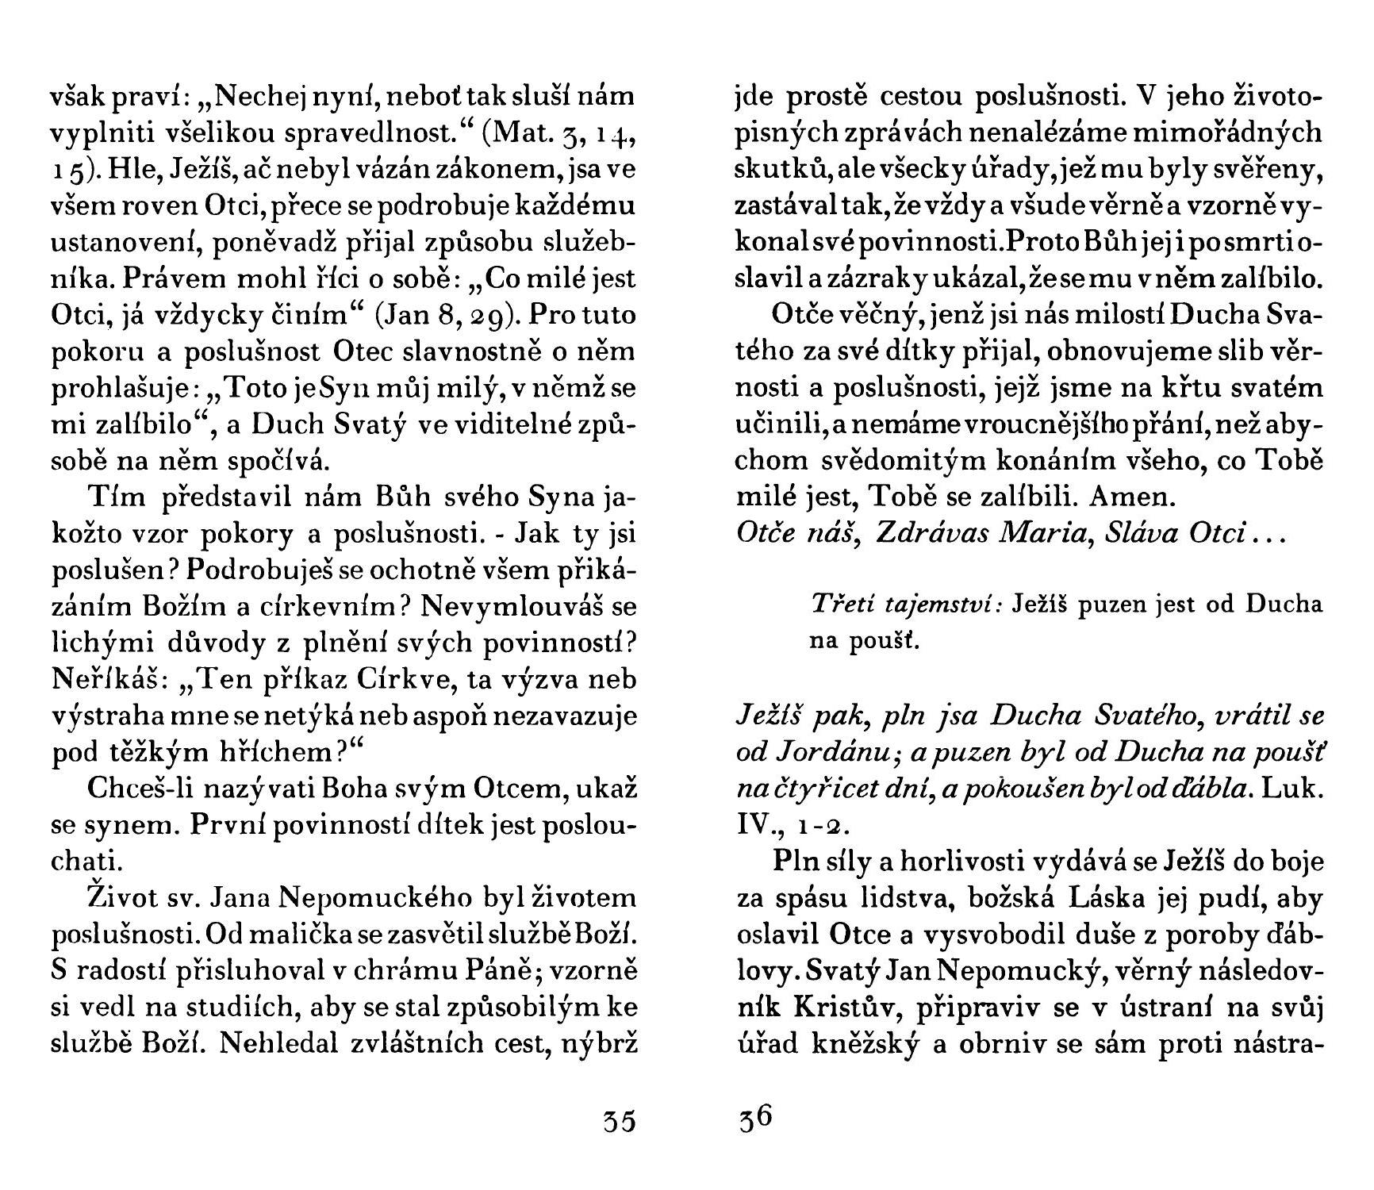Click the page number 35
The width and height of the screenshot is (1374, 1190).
click(619, 1122)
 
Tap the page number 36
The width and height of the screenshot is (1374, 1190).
click(754, 1119)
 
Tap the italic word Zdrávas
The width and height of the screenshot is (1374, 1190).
click(925, 533)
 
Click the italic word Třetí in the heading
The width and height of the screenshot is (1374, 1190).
click(840, 605)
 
